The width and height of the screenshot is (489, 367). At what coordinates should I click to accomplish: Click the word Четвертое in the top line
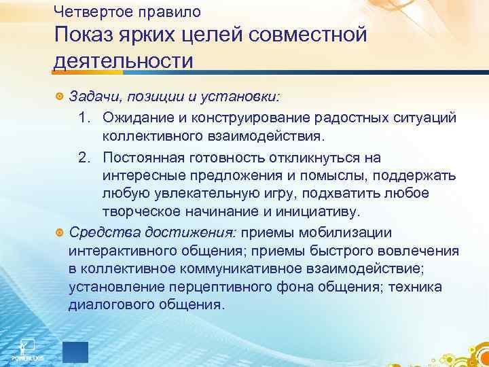click(87, 11)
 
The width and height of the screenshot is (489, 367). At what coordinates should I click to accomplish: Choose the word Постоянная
click(141, 158)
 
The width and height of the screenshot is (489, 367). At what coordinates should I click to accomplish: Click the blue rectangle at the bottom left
click(75, 351)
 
